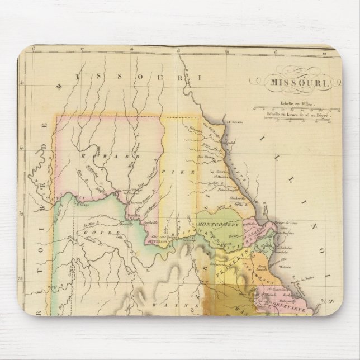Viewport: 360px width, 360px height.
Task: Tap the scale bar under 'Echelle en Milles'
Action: coord(289,109)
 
